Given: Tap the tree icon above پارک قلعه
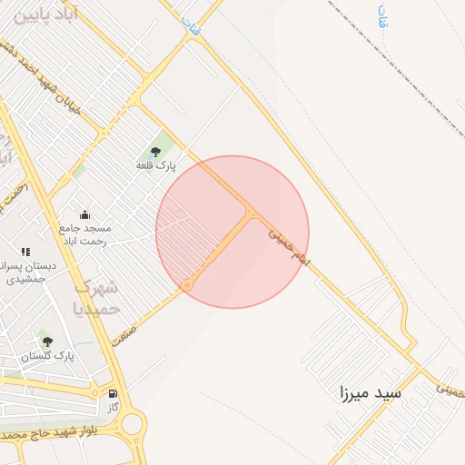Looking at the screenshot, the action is pos(155,151).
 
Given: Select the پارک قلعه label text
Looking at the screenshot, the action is pos(155,165).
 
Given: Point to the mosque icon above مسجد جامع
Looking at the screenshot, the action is pos(84,214).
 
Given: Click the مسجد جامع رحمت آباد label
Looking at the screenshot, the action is pos(84,234).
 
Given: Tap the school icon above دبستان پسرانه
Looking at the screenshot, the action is pos(25,252).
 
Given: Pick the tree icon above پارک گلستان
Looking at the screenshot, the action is pos(47,341).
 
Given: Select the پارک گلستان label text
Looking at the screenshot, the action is pos(51,357).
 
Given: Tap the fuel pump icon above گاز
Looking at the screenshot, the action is pos(113,395).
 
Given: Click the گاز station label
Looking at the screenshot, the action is pos(114,410).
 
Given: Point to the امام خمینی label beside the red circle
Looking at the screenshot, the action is pos(289,247).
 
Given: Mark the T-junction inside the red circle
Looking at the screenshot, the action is pos(251,212).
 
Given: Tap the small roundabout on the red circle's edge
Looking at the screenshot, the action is pos(187,285).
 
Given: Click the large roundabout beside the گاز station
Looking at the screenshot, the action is pos(134,424).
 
